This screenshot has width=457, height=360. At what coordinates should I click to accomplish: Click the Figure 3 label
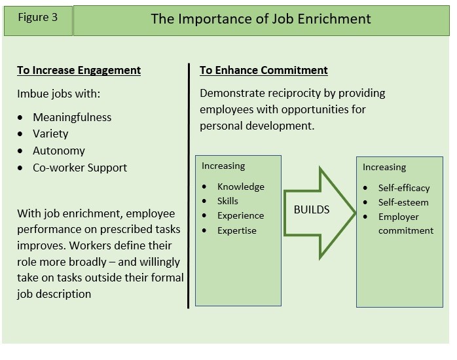pyautogui.click(x=37, y=18)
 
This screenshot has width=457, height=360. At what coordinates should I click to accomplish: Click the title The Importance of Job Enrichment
pyautogui.click(x=261, y=19)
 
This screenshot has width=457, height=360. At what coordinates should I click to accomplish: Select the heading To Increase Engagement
pyautogui.click(x=79, y=71)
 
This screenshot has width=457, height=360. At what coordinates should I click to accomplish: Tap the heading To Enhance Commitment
pyautogui.click(x=263, y=71)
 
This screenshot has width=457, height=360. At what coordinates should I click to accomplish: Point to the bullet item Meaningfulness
pyautogui.click(x=72, y=117)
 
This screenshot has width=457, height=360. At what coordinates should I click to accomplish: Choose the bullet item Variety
pyautogui.click(x=50, y=134)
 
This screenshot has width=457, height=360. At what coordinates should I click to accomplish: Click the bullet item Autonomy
pyautogui.click(x=58, y=151)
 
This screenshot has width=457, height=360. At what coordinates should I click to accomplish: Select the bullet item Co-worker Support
pyautogui.click(x=80, y=168)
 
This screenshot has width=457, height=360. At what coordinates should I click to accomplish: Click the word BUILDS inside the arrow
pyautogui.click(x=312, y=209)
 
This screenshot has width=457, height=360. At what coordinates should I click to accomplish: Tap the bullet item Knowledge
pyautogui.click(x=241, y=187)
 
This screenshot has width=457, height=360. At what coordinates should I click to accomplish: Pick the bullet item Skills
pyautogui.click(x=228, y=201)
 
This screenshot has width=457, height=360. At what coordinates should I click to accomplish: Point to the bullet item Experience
pyautogui.click(x=240, y=216)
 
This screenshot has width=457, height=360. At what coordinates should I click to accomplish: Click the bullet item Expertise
pyautogui.click(x=236, y=230)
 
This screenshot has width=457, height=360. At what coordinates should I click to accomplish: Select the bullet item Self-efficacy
pyautogui.click(x=404, y=188)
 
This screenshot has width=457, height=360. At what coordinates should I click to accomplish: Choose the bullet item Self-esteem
pyautogui.click(x=403, y=202)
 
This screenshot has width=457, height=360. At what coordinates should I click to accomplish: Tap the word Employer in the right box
pyautogui.click(x=399, y=217)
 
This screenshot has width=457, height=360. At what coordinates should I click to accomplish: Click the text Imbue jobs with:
pyautogui.click(x=58, y=94)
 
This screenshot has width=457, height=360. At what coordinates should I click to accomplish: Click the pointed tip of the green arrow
pyautogui.click(x=356, y=213)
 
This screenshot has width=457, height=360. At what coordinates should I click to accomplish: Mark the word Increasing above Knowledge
pyautogui.click(x=223, y=166)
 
